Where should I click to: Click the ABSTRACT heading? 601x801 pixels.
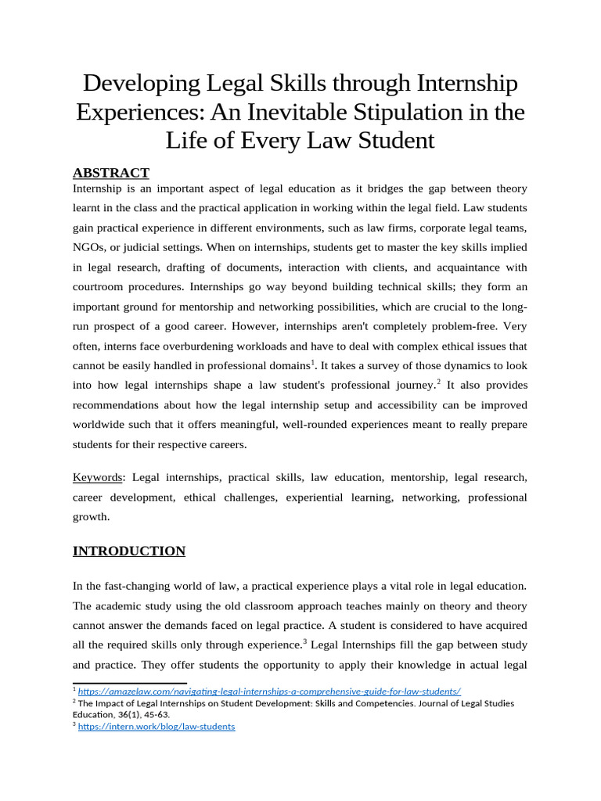click(x=110, y=173)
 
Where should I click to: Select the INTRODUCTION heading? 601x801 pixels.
click(x=129, y=551)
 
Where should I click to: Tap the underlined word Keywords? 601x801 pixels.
click(x=98, y=477)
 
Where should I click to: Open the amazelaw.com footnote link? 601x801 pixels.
click(x=269, y=691)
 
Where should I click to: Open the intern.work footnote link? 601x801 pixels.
click(x=156, y=726)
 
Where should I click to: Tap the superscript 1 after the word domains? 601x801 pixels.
click(x=313, y=361)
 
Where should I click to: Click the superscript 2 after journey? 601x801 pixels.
click(x=439, y=382)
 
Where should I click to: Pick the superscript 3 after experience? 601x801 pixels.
click(x=304, y=641)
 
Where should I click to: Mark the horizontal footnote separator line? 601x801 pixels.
click(x=114, y=683)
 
